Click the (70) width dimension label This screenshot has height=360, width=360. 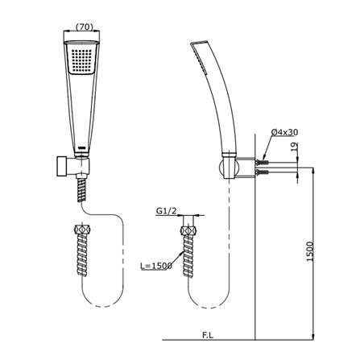point(85,27)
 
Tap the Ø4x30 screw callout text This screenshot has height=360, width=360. point(284,132)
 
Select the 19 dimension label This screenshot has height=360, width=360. point(295,147)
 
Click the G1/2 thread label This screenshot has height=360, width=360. point(167,211)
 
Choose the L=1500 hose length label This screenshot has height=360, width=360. point(156,266)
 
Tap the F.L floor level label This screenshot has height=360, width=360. point(208,335)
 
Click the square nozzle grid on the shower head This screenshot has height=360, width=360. point(82,60)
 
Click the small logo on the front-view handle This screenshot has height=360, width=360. point(81,147)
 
